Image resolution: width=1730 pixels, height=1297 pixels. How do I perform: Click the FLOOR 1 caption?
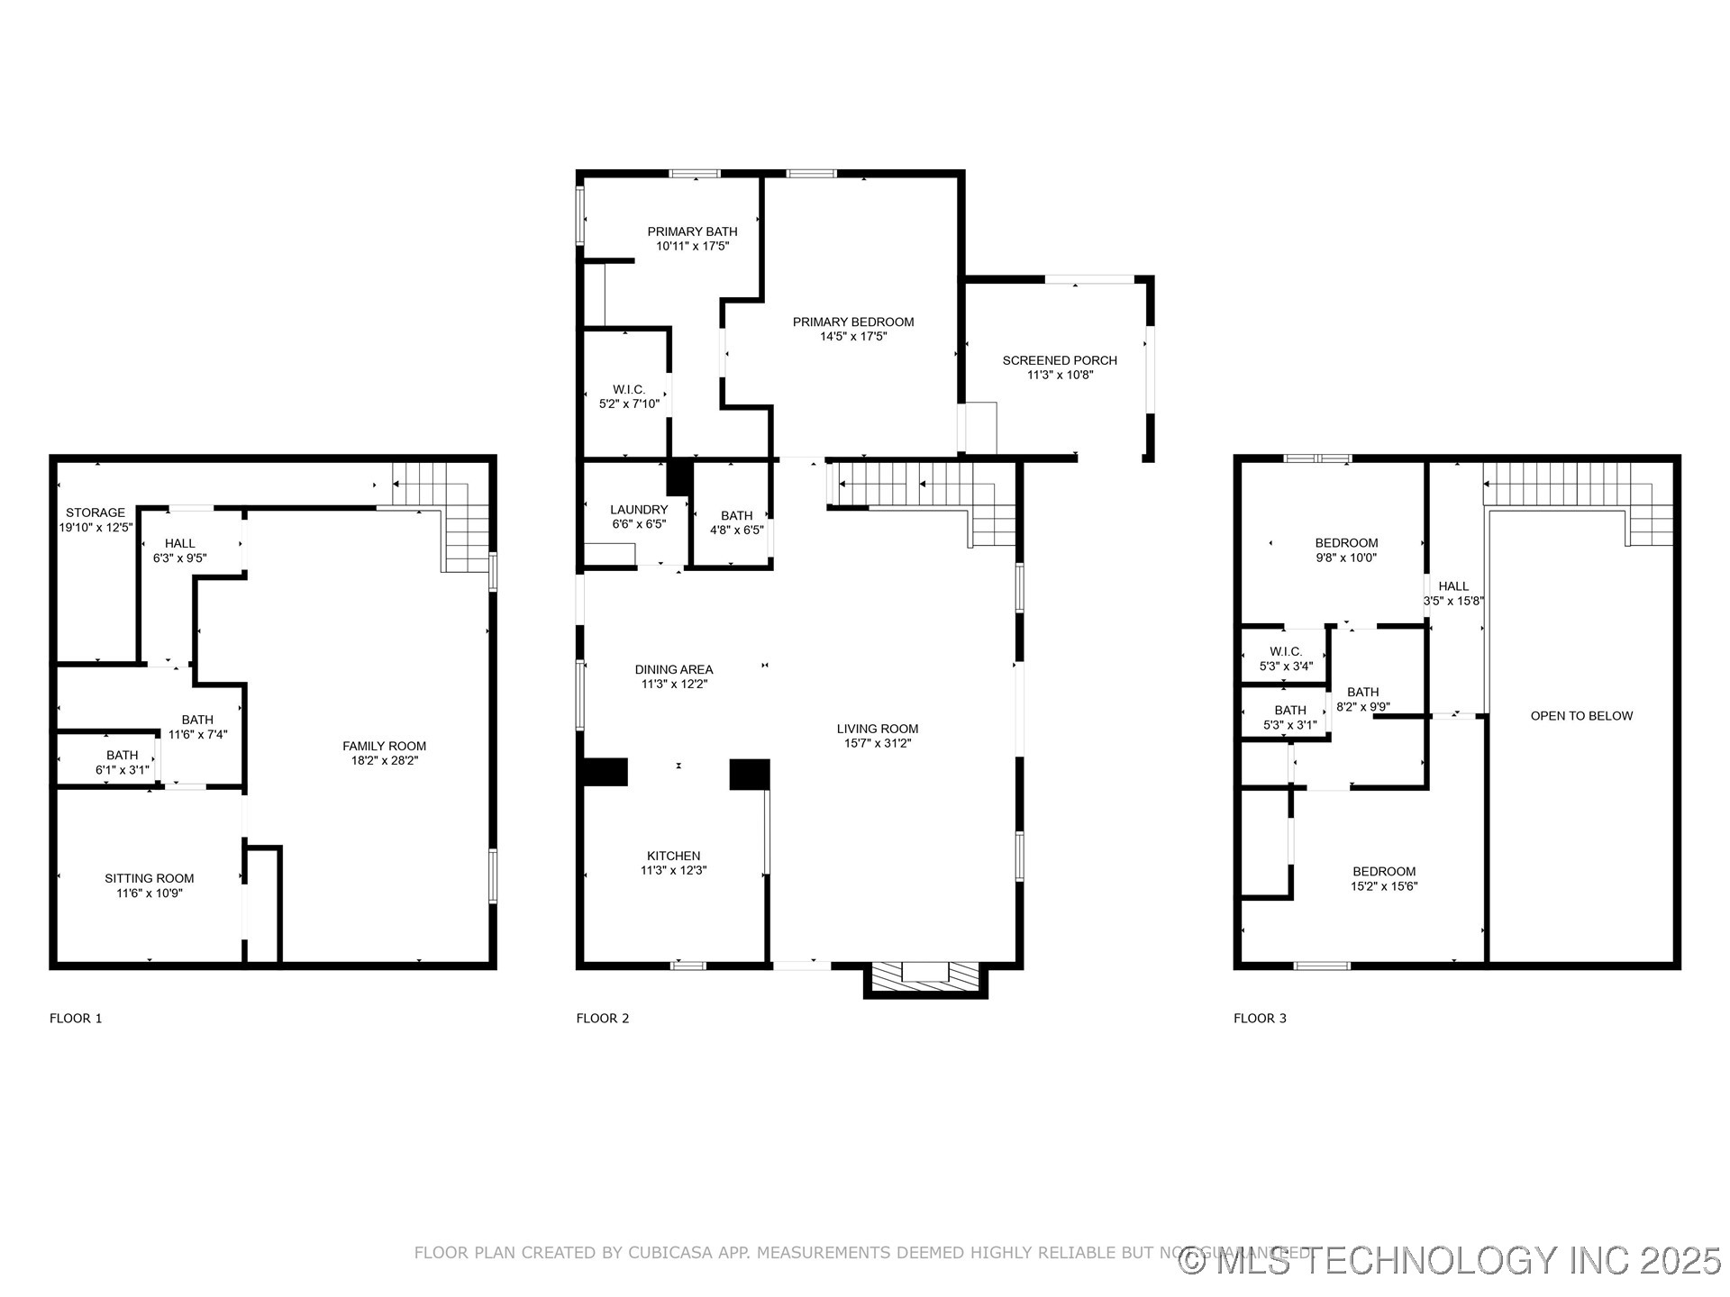(76, 1019)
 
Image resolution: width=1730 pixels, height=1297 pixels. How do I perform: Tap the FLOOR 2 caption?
(603, 1019)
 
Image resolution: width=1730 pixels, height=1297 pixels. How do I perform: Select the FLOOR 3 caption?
(1260, 1019)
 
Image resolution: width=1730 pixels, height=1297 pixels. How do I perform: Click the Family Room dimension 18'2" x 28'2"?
(385, 760)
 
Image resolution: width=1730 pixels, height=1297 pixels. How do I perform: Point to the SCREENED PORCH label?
(1060, 360)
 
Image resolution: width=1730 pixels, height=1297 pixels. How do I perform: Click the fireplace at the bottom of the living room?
(925, 978)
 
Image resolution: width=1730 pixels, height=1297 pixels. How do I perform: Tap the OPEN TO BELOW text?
(1581, 716)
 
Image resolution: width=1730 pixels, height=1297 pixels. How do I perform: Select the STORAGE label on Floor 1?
(96, 512)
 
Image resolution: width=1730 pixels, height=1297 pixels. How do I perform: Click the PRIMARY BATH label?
(692, 231)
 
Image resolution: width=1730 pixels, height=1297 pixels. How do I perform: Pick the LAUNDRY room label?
(639, 510)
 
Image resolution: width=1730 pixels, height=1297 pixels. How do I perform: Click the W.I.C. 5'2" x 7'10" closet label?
(629, 396)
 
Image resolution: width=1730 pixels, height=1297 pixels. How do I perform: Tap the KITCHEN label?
(673, 856)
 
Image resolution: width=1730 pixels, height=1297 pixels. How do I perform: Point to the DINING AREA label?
(674, 669)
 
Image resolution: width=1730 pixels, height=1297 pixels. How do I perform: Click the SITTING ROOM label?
(150, 878)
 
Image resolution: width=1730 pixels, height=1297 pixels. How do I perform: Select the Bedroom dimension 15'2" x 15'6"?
(1384, 886)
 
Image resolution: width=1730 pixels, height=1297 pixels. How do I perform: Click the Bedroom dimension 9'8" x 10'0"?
(1346, 558)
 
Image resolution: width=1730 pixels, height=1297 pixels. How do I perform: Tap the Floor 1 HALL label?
(180, 543)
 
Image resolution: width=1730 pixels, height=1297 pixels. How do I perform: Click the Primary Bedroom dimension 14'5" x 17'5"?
(853, 337)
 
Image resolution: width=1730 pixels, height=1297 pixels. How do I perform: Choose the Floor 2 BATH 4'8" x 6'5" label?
(736, 522)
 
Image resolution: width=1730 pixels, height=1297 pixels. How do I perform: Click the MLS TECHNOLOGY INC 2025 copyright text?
(1451, 1260)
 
